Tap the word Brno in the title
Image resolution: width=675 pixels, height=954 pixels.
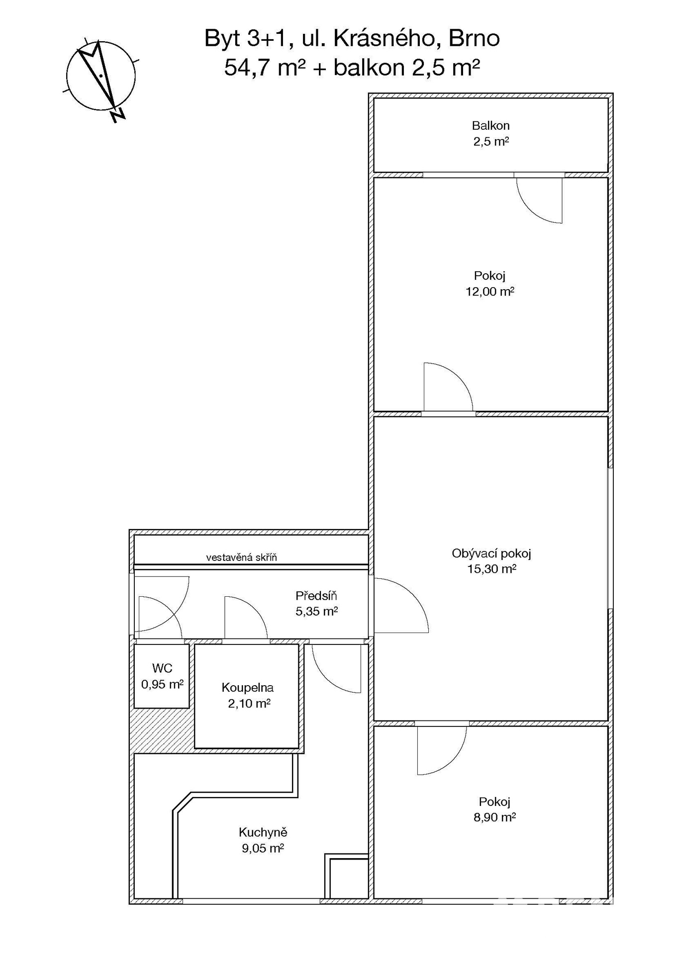(474, 38)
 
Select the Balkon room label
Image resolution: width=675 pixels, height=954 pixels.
(491, 126)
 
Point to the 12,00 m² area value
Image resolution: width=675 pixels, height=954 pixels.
(490, 292)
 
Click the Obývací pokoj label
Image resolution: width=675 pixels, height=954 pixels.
(491, 554)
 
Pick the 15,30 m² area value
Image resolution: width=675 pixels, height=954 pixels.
(491, 569)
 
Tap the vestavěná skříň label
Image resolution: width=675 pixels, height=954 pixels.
(242, 557)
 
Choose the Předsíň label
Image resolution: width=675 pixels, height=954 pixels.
(316, 596)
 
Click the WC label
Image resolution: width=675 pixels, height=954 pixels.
(162, 668)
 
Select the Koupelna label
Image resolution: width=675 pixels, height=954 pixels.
(248, 688)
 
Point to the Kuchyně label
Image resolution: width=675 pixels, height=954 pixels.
(263, 832)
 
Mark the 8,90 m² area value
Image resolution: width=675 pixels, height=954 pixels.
(494, 817)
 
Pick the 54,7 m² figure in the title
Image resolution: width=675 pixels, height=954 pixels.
(265, 67)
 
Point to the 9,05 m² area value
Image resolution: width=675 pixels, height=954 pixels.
(263, 848)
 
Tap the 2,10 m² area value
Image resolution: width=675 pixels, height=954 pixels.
(249, 704)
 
